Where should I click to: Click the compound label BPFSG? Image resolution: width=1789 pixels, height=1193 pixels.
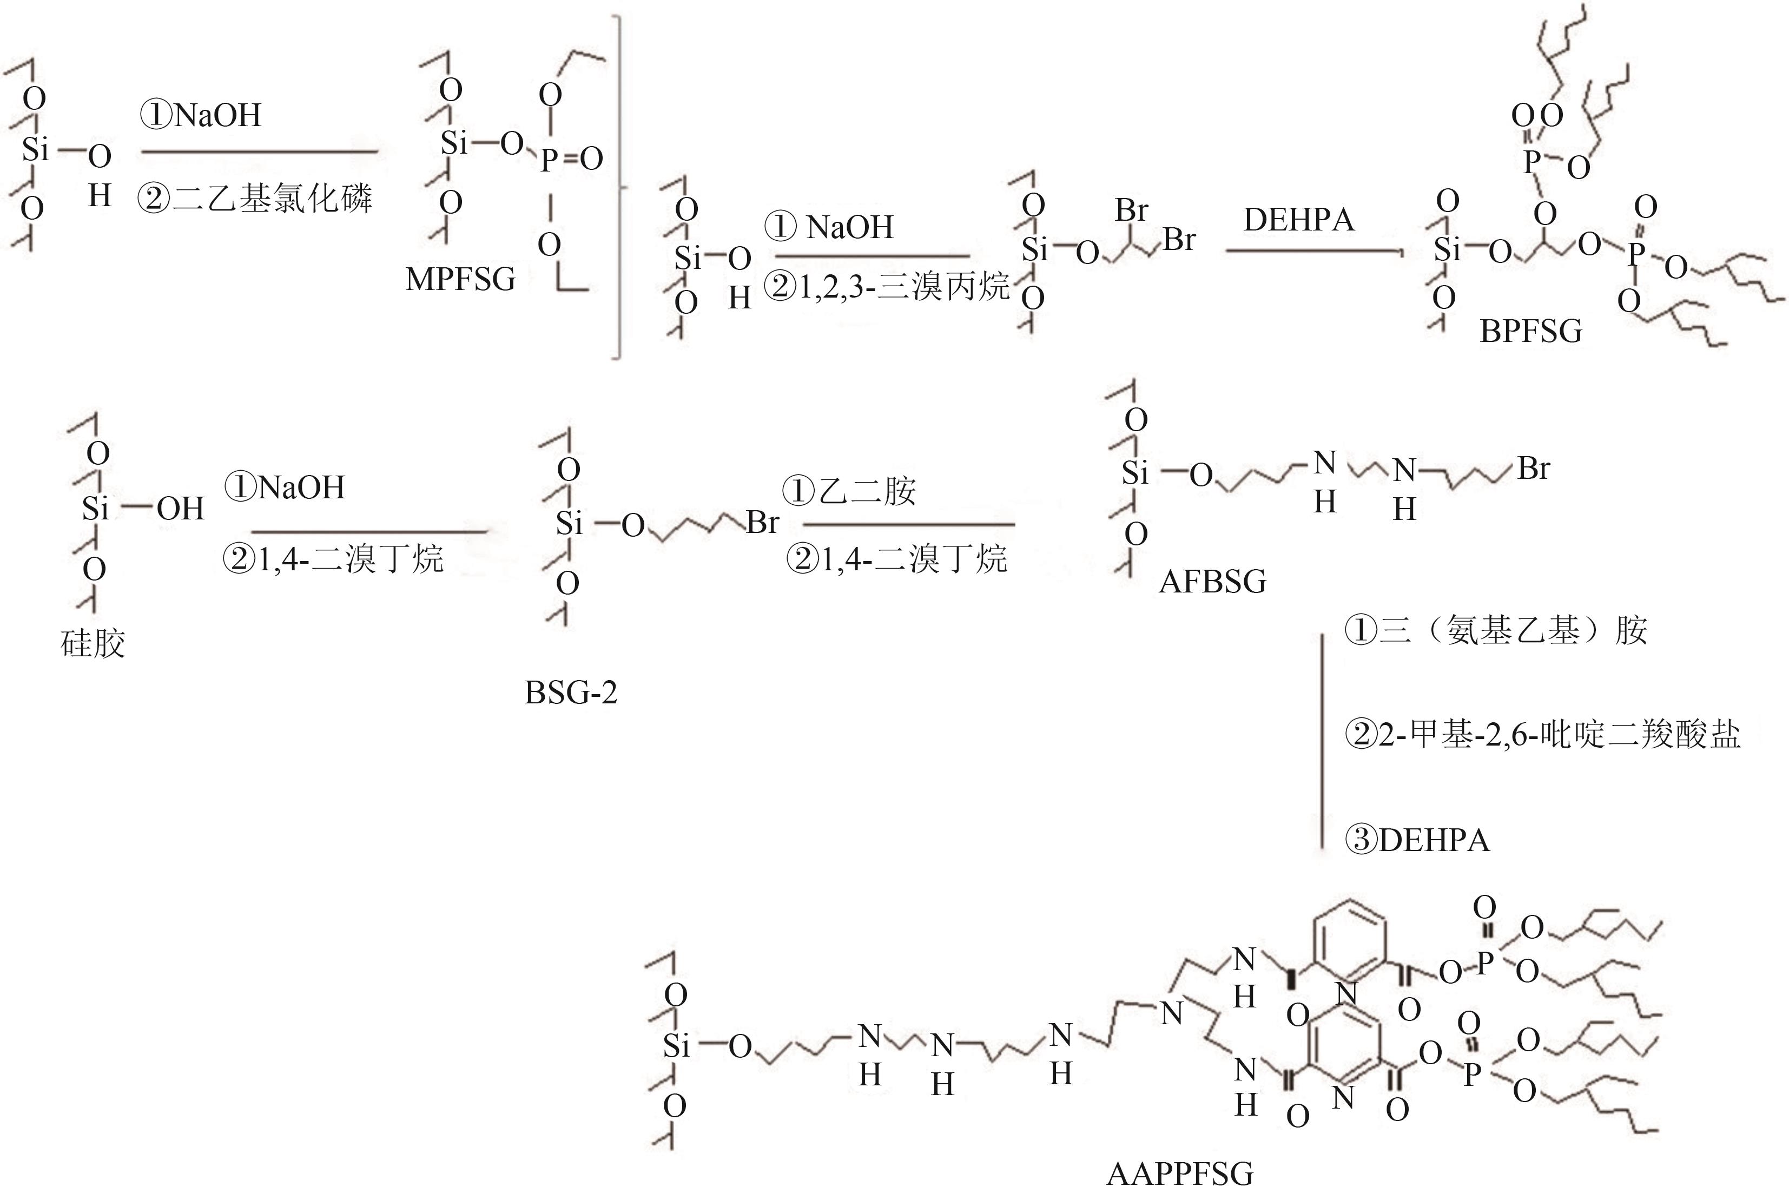(1530, 331)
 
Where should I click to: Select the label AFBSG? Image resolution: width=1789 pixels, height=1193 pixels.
(1212, 582)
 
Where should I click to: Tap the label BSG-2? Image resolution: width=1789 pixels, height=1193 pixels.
(571, 693)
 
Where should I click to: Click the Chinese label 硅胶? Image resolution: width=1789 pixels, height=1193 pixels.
(93, 644)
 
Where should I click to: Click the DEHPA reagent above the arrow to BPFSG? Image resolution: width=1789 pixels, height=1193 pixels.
(1298, 220)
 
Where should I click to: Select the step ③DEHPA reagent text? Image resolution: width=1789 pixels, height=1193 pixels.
(1417, 840)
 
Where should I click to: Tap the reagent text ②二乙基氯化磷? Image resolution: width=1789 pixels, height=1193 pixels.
(255, 199)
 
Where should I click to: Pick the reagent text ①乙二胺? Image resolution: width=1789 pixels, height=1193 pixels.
(850, 491)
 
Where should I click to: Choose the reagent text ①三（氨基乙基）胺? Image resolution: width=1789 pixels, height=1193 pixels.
(1495, 631)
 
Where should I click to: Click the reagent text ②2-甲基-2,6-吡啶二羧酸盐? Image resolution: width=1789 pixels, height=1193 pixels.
(1542, 735)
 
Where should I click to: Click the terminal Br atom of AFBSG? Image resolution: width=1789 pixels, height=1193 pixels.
(1534, 468)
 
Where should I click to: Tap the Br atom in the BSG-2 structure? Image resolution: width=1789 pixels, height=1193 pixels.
(762, 523)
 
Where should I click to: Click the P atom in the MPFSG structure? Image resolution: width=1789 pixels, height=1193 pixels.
(549, 160)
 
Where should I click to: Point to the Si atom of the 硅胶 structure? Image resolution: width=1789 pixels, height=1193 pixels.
(96, 508)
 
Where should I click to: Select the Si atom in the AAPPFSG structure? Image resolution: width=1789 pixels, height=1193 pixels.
(676, 1047)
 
